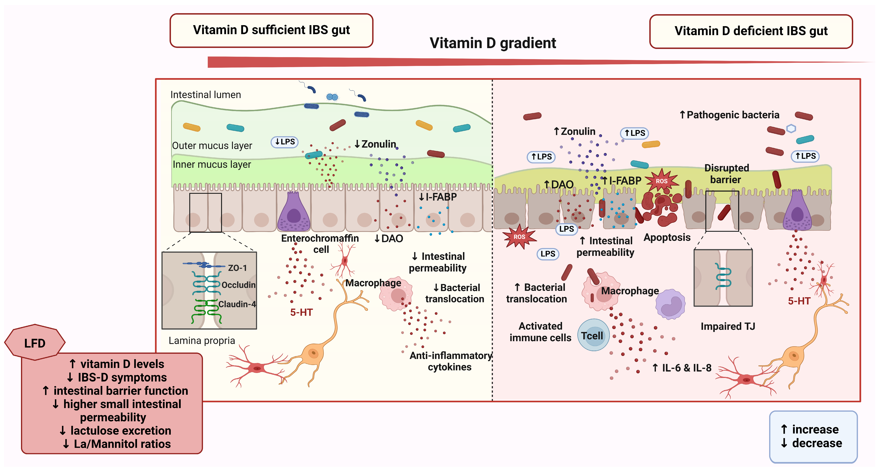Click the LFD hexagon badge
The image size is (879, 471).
pos(35,343)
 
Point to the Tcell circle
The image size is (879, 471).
pos(593,336)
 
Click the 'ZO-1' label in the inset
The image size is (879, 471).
pos(237,268)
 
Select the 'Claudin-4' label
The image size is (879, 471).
pos(237,304)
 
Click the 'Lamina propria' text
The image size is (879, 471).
pos(202,341)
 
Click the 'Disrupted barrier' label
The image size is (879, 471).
pos(726,174)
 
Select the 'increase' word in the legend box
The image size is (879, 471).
pos(815,429)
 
